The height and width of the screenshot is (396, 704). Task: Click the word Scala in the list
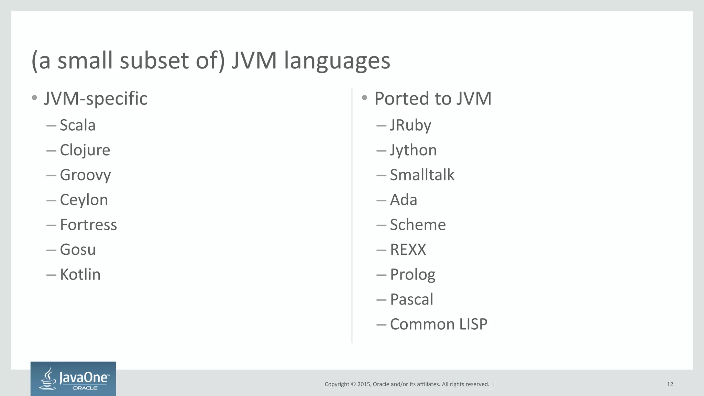(x=77, y=125)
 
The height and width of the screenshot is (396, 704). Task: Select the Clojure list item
(x=85, y=150)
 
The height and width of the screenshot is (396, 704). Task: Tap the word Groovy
(x=85, y=175)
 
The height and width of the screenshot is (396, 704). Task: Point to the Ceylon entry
(x=84, y=200)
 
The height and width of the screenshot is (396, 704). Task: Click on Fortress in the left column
(x=88, y=225)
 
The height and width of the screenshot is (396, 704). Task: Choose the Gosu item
(x=78, y=250)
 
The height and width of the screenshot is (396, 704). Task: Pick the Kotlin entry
(x=80, y=274)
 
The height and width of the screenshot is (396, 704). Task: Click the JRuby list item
(x=410, y=125)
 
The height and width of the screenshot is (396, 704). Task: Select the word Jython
(x=413, y=150)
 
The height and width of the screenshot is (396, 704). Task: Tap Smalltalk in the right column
(x=422, y=175)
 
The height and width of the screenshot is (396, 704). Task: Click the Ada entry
(x=404, y=200)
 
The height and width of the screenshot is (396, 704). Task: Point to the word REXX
(x=408, y=250)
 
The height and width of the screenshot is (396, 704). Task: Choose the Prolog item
(x=412, y=275)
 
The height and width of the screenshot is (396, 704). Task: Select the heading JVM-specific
(x=96, y=99)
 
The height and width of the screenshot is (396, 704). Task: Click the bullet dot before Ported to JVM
(x=365, y=98)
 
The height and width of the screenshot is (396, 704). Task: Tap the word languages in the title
(x=337, y=61)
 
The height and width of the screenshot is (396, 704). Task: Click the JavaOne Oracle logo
(x=73, y=378)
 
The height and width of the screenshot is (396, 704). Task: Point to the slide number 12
(x=670, y=384)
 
